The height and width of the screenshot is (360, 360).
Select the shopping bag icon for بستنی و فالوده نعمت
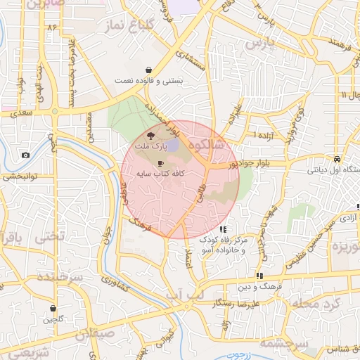point(149,70)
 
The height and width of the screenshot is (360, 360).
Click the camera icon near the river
point(25,155)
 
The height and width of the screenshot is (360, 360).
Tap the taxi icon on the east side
point(337,159)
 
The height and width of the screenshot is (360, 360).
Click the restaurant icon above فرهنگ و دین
point(259,276)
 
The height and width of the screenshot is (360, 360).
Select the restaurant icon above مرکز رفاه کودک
point(223,229)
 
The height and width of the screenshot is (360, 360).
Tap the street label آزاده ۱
point(262,134)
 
